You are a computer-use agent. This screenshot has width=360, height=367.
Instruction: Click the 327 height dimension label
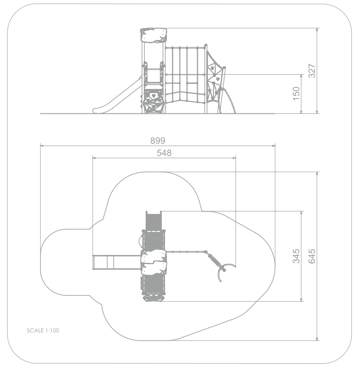tap(312, 71)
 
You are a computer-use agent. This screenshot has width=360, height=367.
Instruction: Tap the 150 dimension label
tap(296, 94)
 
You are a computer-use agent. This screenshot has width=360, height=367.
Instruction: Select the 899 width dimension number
tap(158, 141)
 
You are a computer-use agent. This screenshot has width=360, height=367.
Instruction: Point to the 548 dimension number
tap(164, 153)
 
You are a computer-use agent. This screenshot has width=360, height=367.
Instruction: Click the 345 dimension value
tap(296, 256)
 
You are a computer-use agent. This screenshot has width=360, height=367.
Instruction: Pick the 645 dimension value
tap(312, 256)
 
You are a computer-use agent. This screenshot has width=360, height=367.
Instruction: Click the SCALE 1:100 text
tap(43, 330)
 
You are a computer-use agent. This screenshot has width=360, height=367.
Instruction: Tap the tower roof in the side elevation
tap(153, 35)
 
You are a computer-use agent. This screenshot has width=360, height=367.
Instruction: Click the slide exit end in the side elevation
tap(96, 111)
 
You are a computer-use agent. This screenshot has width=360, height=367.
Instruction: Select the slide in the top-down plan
tap(117, 262)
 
